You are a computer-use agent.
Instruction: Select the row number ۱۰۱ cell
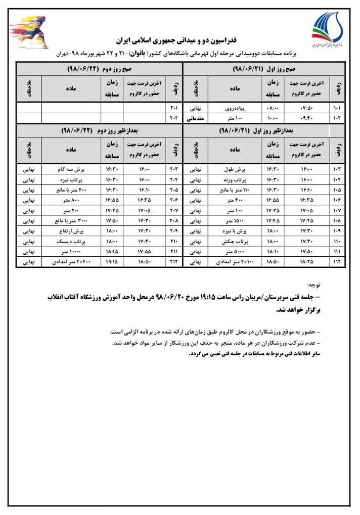(337, 108)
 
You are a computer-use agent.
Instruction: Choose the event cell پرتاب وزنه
(235, 179)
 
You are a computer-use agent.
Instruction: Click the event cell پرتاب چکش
(235, 242)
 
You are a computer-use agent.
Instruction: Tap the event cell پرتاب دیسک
(70, 242)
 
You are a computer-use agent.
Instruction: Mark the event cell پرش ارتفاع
(70, 231)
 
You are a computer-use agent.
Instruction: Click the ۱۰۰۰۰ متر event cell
(70, 252)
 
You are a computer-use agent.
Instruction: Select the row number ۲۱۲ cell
(173, 262)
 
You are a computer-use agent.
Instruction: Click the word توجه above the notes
(314, 287)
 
